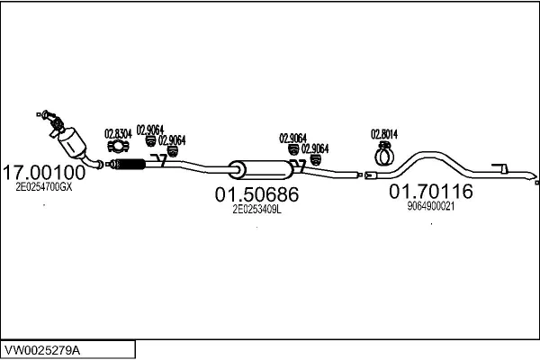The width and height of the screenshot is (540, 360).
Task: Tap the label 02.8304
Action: point(118,133)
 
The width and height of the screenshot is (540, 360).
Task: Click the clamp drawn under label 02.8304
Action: point(117,147)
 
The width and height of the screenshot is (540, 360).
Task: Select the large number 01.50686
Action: point(256,193)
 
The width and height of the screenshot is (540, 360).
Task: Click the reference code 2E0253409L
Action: point(256,208)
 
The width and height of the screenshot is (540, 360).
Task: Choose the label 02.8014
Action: point(384,135)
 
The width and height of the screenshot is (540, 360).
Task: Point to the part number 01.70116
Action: point(430,191)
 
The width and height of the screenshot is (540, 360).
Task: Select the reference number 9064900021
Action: point(430,205)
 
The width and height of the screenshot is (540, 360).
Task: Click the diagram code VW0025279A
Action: point(45,348)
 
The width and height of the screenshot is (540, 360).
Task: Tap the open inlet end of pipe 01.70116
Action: point(369,174)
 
